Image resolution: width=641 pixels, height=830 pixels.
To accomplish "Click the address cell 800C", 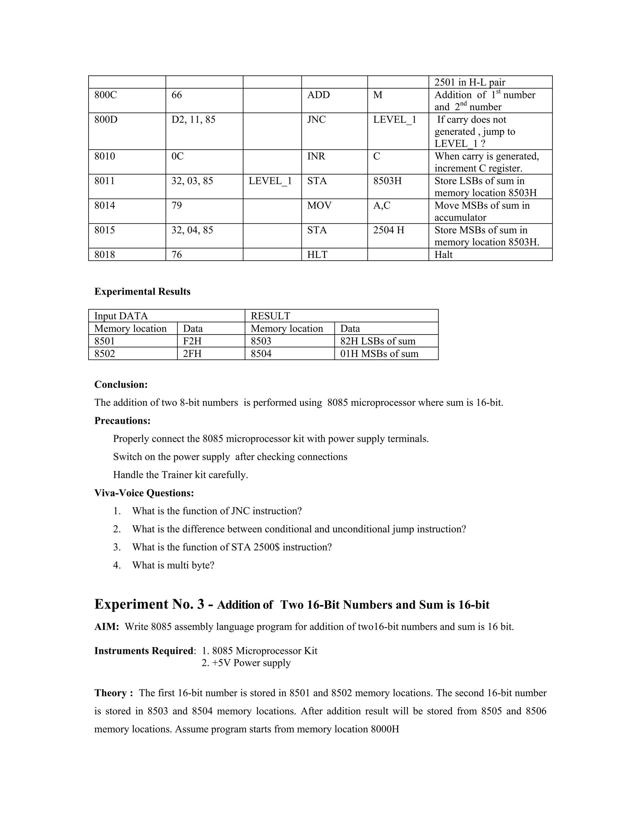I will (105, 95).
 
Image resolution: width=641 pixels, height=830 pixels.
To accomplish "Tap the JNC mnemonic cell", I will (316, 120).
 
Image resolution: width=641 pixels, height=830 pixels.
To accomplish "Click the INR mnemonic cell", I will (316, 156).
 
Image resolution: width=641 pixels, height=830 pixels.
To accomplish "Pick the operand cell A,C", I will (382, 205).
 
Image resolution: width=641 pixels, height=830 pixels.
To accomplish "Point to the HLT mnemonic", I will (317, 255).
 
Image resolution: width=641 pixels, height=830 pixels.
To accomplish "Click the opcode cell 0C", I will (177, 156).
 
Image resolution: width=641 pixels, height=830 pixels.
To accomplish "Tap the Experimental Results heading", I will (142, 292).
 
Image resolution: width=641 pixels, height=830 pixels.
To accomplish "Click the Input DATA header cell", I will (121, 316).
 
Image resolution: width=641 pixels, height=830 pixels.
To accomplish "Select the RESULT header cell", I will (270, 316).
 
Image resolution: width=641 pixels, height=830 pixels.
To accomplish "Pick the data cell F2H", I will (192, 341).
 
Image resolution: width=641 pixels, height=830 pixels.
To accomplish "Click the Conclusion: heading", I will (121, 385).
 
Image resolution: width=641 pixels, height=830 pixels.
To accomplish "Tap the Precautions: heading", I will (122, 421).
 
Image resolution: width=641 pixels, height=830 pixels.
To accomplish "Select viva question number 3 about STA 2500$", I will (232, 547).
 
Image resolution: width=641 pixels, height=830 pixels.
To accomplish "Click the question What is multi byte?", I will (173, 565).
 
